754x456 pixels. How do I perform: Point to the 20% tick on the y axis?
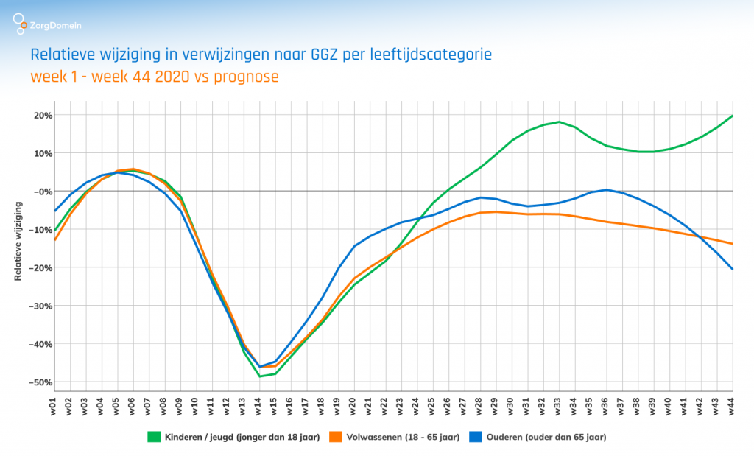[40, 116]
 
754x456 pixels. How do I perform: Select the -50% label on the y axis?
[38, 382]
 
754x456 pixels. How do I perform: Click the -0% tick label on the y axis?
[40, 192]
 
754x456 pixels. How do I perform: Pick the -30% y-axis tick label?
[38, 306]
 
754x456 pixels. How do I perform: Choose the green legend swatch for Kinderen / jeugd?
[155, 437]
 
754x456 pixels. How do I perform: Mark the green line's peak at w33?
[560, 122]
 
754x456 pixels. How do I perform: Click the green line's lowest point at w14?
[260, 376]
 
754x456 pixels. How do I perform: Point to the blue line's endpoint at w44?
[733, 269]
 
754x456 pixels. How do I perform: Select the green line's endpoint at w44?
[733, 116]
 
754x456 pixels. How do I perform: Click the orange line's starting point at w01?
[55, 240]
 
